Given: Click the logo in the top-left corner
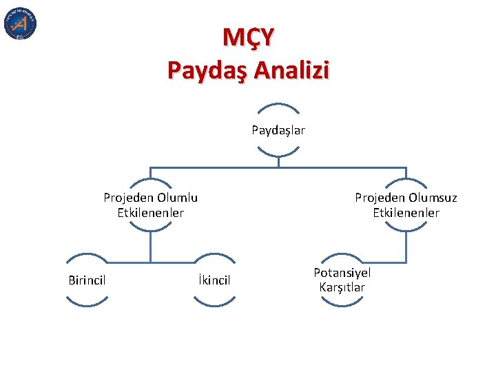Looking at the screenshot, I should (x=20, y=23).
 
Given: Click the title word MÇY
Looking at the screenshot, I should (x=248, y=37).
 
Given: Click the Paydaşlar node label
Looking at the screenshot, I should (x=278, y=130).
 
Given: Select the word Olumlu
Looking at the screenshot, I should (x=176, y=198).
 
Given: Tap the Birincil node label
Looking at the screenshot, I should (x=87, y=279).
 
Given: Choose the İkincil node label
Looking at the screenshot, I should (x=214, y=280).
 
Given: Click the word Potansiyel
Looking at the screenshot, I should (x=342, y=273).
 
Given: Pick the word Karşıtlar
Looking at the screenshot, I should (x=342, y=287).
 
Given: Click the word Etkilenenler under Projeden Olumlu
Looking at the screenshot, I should (x=151, y=213).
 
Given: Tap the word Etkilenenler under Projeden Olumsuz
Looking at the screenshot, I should (x=406, y=213).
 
